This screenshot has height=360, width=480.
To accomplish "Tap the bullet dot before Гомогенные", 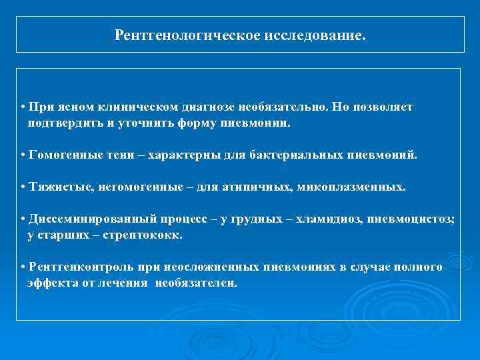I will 23,155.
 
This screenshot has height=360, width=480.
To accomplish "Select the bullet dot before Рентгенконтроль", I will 23,267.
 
